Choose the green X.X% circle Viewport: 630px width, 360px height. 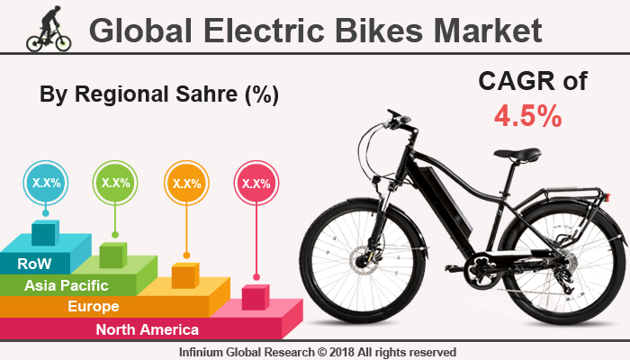coord(115,183)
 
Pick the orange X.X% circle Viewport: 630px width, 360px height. coord(185,183)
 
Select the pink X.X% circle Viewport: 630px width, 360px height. coord(256,183)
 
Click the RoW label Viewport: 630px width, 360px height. coord(34,264)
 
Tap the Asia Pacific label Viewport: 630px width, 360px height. coord(67,285)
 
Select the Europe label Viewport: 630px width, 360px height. coord(94,307)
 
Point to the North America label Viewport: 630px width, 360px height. coord(148,328)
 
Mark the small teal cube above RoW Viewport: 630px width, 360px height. coord(44,233)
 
